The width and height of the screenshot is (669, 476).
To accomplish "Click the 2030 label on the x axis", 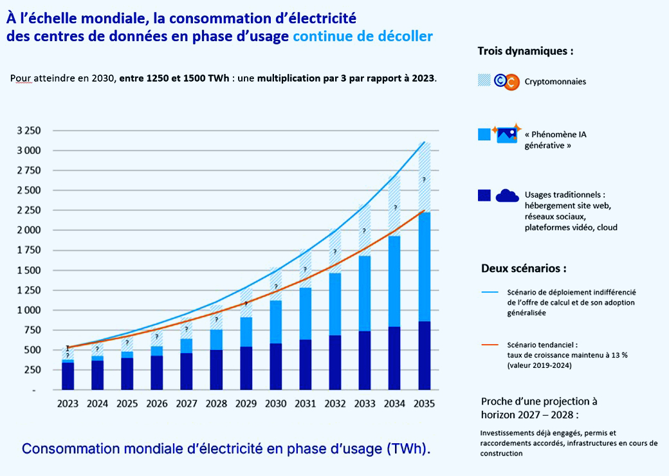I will coord(275,404).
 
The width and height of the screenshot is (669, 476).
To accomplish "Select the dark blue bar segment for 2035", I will coord(424,355).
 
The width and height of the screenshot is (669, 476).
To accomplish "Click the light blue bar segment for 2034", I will coord(394,281).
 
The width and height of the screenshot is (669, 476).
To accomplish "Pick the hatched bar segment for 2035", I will coord(424,177).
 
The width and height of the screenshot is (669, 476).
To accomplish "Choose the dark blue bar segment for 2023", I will coord(68,376).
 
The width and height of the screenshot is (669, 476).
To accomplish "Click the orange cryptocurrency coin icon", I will coord(512,82).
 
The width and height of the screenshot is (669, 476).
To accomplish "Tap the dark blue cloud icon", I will coord(507,195).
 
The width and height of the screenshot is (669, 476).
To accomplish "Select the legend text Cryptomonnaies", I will coord(555,82).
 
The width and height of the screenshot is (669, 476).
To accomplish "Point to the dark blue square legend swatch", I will coord(484,195).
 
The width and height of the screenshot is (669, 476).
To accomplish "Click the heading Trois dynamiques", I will coord(525,51).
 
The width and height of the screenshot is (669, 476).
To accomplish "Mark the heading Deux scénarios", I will coord(524,268).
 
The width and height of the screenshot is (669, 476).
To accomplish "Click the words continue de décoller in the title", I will coord(363,37).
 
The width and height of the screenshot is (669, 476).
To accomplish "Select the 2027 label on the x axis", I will coord(187,404).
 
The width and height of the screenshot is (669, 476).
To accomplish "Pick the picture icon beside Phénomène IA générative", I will coord(508,134).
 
